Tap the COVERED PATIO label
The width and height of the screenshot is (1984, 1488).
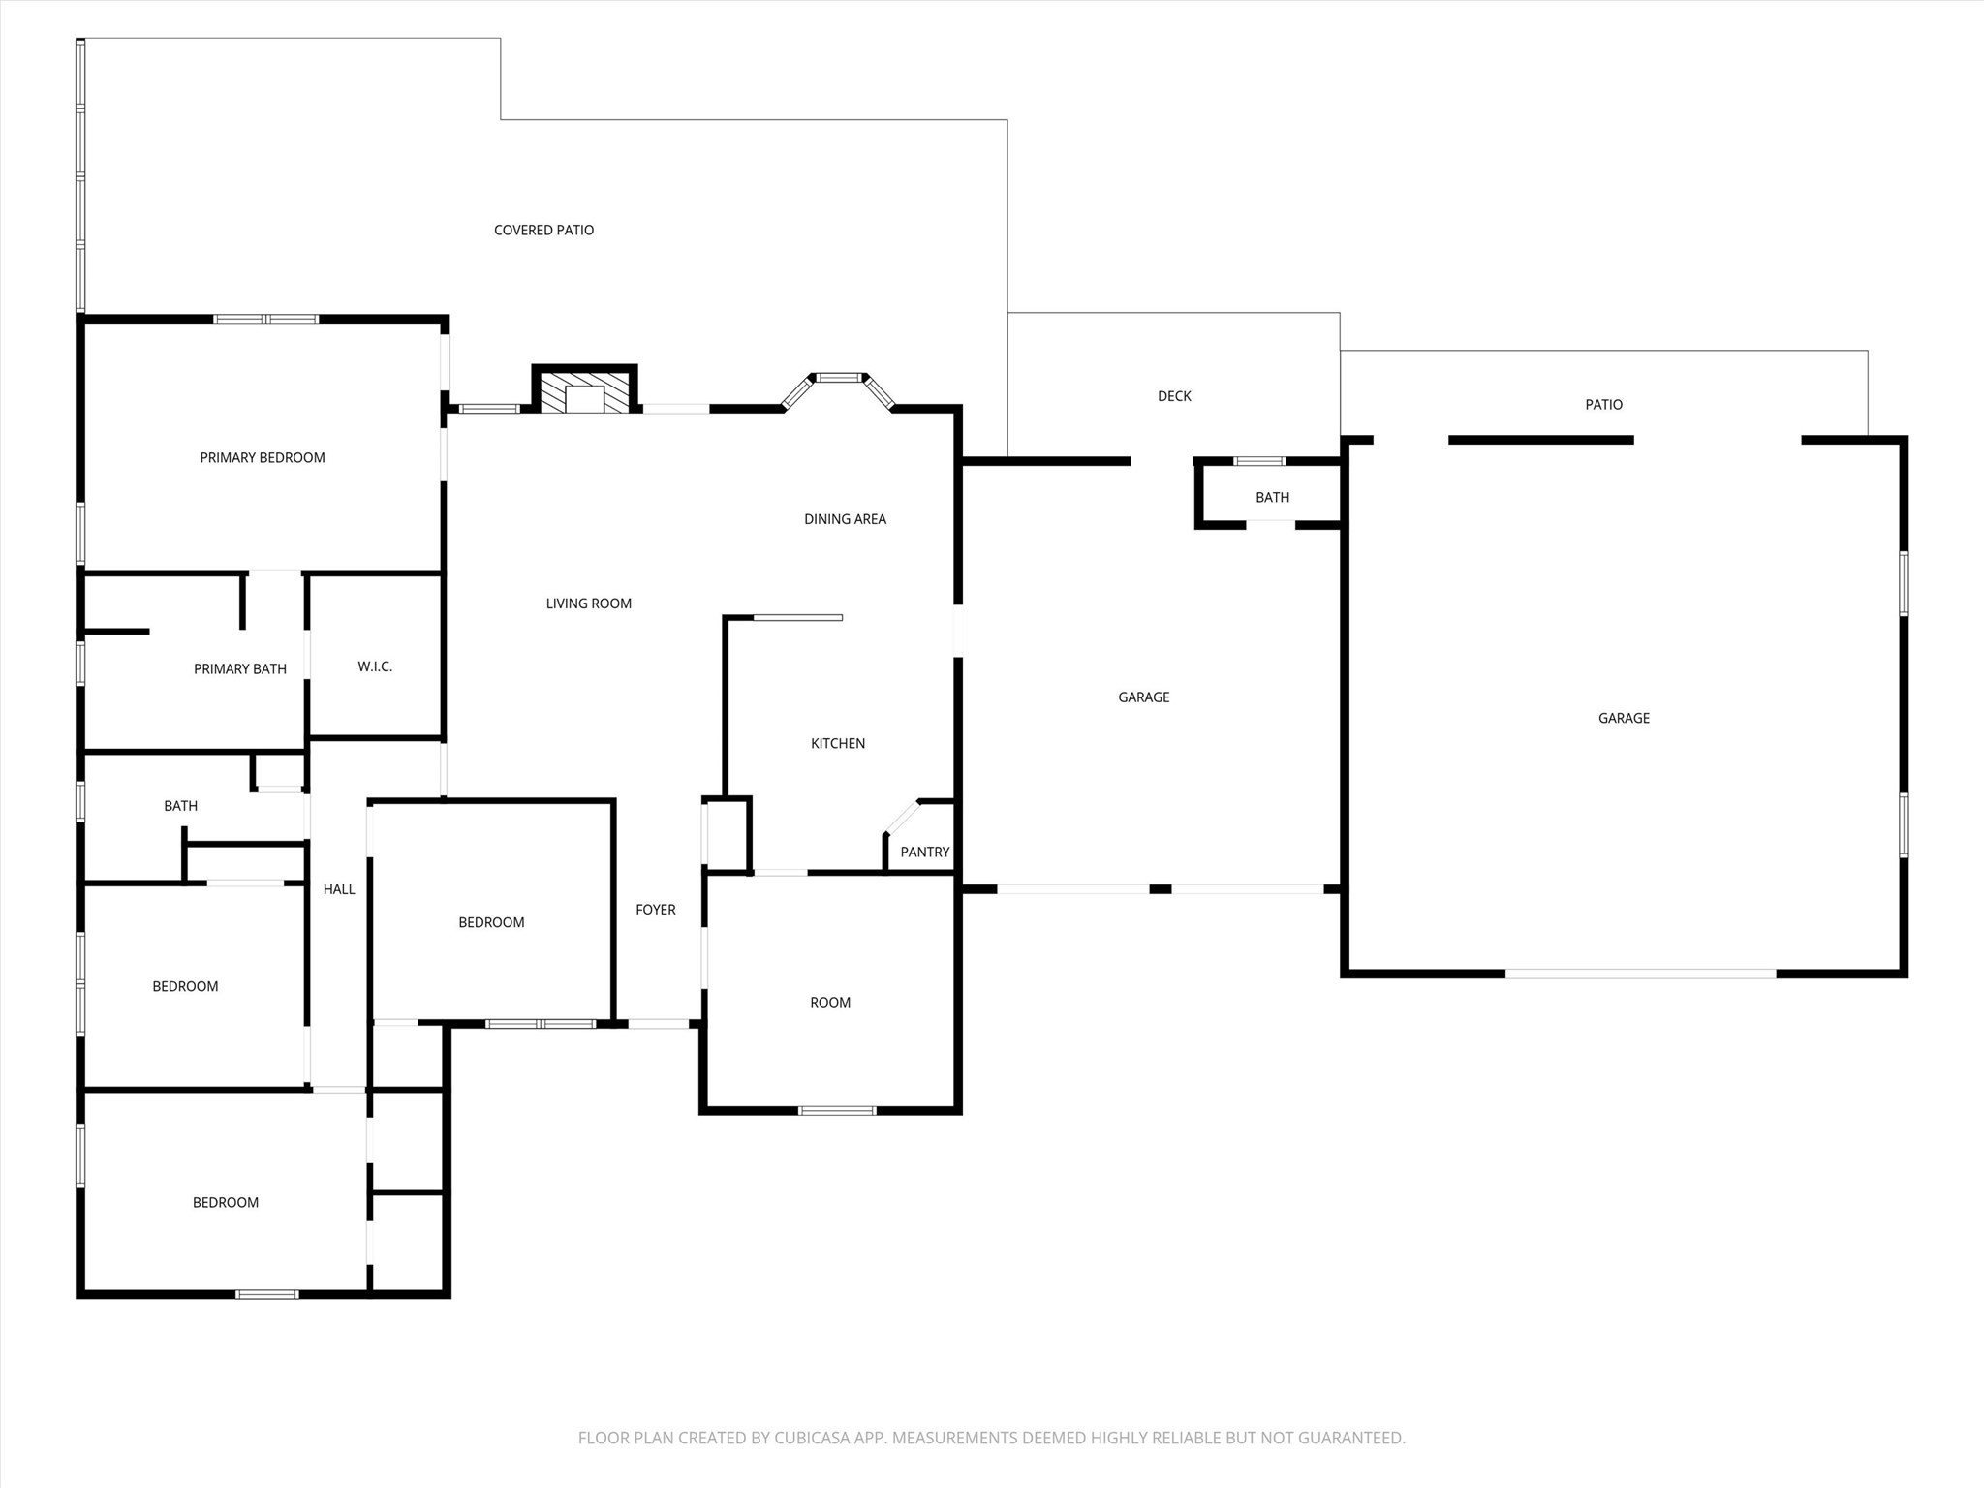point(543,231)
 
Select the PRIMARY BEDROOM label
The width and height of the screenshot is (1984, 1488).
point(263,458)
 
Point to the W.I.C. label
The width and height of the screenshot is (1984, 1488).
point(375,666)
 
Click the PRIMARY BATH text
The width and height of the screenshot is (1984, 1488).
point(240,669)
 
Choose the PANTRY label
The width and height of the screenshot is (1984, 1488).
point(925,852)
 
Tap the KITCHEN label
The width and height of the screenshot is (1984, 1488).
point(838,744)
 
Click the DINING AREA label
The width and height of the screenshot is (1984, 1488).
point(845,519)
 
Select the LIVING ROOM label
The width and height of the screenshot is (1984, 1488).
point(589,604)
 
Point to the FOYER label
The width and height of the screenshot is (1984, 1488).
point(656,910)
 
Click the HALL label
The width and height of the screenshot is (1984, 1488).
point(339,889)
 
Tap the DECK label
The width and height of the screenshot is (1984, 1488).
point(1174,396)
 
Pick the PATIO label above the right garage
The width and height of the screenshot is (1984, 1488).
point(1603,405)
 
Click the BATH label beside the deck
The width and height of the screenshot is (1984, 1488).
point(1272,498)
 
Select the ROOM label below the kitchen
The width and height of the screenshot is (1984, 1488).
point(830,1003)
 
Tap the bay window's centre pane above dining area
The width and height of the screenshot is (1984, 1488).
point(838,378)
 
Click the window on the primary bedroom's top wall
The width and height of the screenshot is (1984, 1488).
point(266,319)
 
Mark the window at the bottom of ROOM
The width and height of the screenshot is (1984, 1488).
point(837,1110)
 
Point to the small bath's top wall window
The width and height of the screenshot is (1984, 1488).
point(1259,461)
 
